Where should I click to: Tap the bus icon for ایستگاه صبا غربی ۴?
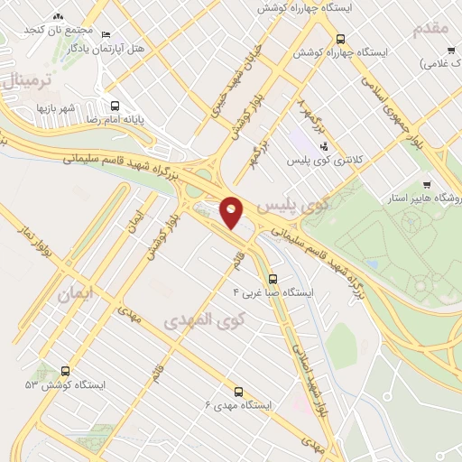[x=274, y=279]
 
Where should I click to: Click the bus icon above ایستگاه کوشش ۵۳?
[x=65, y=371]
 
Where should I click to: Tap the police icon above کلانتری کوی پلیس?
[x=324, y=145]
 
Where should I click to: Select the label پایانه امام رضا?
[x=91, y=118]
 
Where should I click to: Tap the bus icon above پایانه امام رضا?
[x=113, y=105]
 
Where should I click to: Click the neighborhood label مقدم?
[x=430, y=30]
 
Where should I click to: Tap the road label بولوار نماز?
[x=37, y=245]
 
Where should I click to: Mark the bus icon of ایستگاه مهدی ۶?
[x=239, y=392]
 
